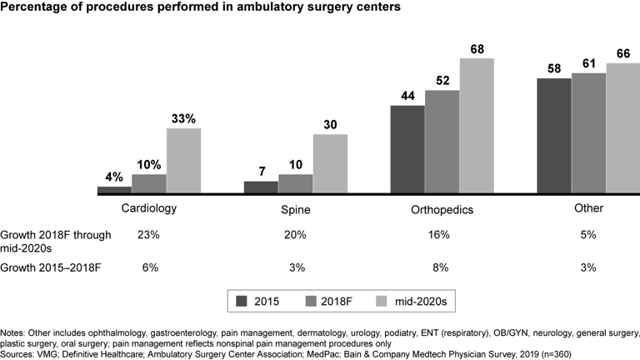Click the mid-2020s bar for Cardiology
(x=183, y=161)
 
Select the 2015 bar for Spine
(x=260, y=187)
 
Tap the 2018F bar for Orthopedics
(x=442, y=142)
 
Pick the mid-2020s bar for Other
(x=622, y=128)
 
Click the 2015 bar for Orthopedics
(x=407, y=150)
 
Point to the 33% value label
(x=183, y=119)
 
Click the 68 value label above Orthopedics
(x=477, y=49)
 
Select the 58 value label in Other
(x=553, y=69)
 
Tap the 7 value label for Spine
(x=260, y=172)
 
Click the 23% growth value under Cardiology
(x=149, y=236)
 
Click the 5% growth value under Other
(x=588, y=236)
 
